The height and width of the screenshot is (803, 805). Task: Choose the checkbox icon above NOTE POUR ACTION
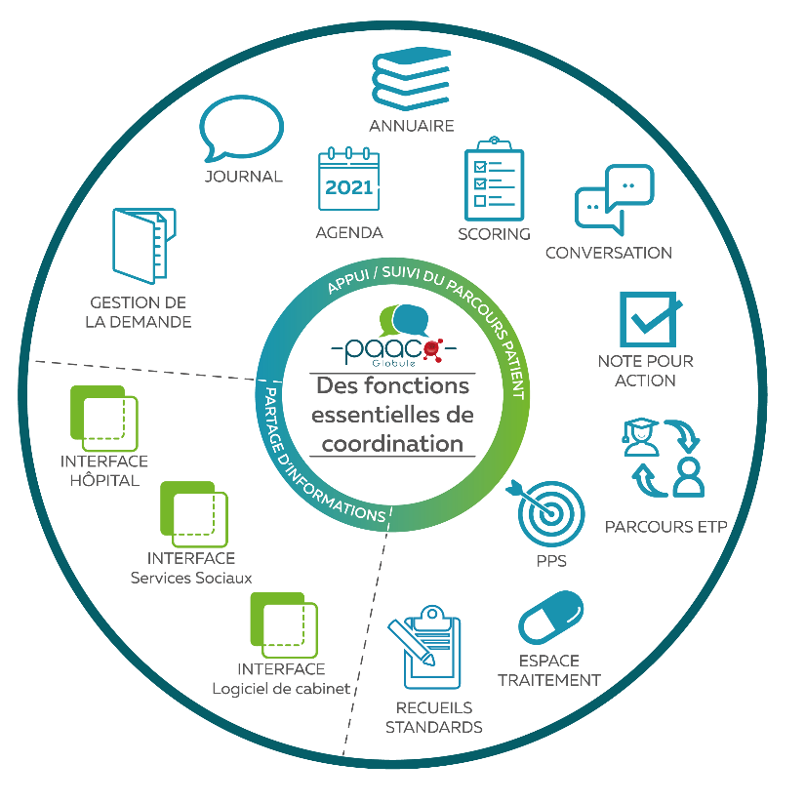click(648, 318)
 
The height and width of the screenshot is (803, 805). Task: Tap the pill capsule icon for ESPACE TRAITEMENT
click(550, 618)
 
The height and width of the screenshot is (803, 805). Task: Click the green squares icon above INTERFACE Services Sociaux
click(193, 513)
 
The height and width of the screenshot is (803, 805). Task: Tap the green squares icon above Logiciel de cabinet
click(284, 623)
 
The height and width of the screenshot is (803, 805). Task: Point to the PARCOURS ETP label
click(665, 528)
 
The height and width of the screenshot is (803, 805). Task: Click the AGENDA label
click(349, 233)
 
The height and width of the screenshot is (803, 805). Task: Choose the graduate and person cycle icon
click(664, 456)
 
